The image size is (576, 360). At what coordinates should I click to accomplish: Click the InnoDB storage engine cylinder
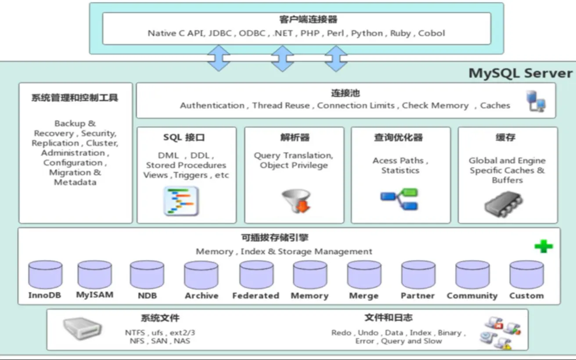click(45, 275)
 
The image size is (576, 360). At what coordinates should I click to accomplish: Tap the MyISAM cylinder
click(94, 274)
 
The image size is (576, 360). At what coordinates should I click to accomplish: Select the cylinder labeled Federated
click(256, 275)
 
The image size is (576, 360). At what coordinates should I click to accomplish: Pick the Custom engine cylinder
click(526, 275)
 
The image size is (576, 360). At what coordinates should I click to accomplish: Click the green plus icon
click(544, 246)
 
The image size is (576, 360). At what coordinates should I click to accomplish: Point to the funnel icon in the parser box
click(291, 200)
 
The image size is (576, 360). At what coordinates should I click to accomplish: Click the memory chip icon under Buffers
click(503, 203)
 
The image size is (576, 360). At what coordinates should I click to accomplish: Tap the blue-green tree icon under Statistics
click(400, 199)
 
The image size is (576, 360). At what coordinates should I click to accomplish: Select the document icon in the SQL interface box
click(181, 201)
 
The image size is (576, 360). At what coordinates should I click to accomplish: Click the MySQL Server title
click(520, 73)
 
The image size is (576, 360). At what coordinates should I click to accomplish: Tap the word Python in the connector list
click(367, 33)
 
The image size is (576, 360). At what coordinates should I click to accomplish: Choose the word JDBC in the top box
click(220, 33)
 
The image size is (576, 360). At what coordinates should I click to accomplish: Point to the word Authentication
click(212, 105)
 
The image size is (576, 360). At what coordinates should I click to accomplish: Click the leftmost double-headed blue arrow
click(219, 58)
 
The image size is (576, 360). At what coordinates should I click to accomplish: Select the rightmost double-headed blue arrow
click(336, 58)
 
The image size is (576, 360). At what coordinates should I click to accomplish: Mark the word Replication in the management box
click(55, 143)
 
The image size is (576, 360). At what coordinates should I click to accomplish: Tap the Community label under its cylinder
click(472, 295)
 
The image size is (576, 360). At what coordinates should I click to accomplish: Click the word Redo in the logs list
click(341, 332)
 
